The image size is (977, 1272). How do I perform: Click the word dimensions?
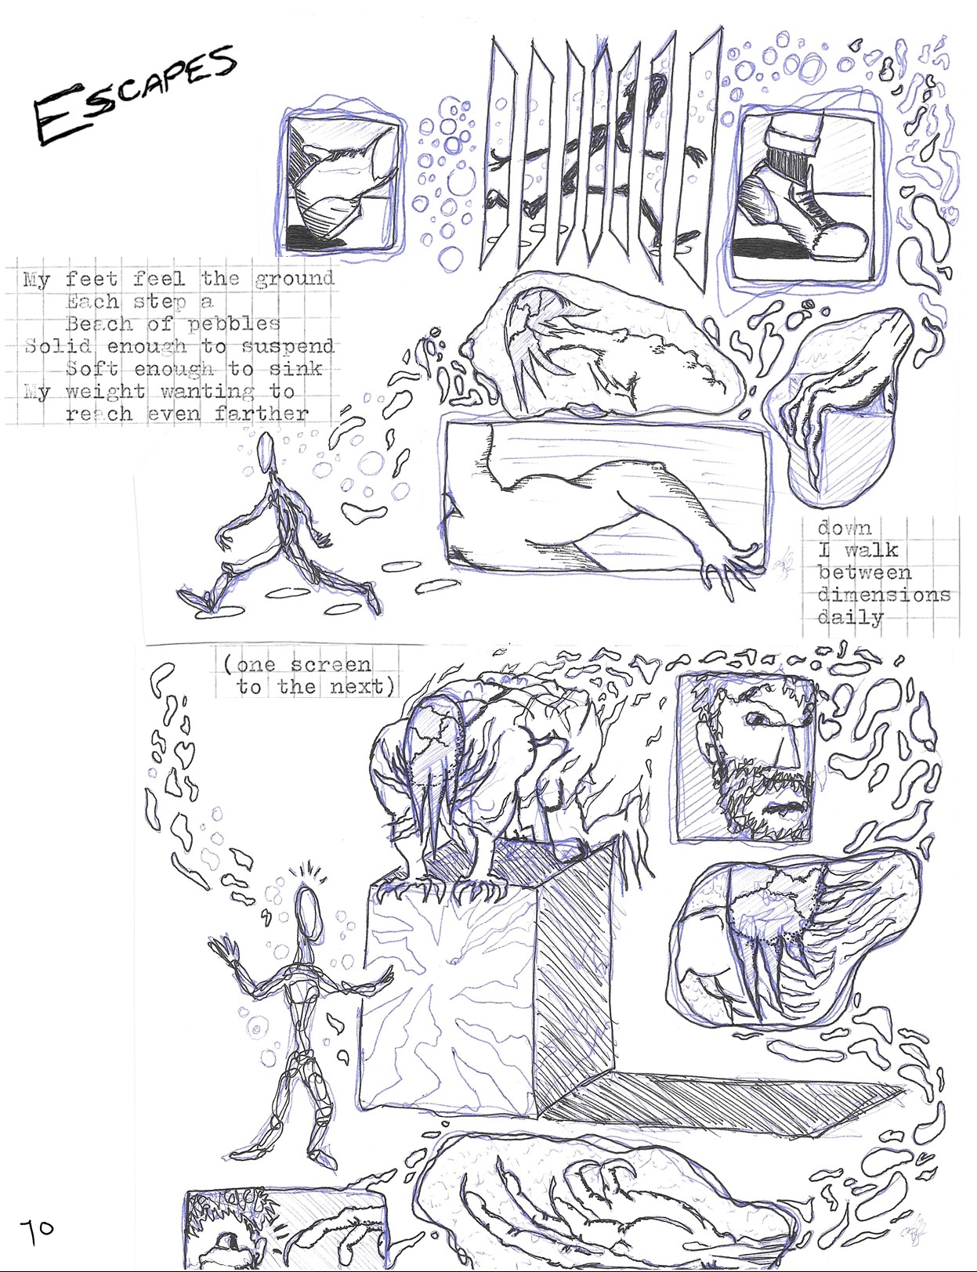[x=883, y=595]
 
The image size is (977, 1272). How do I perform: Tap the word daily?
[x=849, y=618]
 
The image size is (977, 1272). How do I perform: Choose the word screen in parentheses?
[x=331, y=665]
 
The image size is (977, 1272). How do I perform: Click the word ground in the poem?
[x=294, y=280]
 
